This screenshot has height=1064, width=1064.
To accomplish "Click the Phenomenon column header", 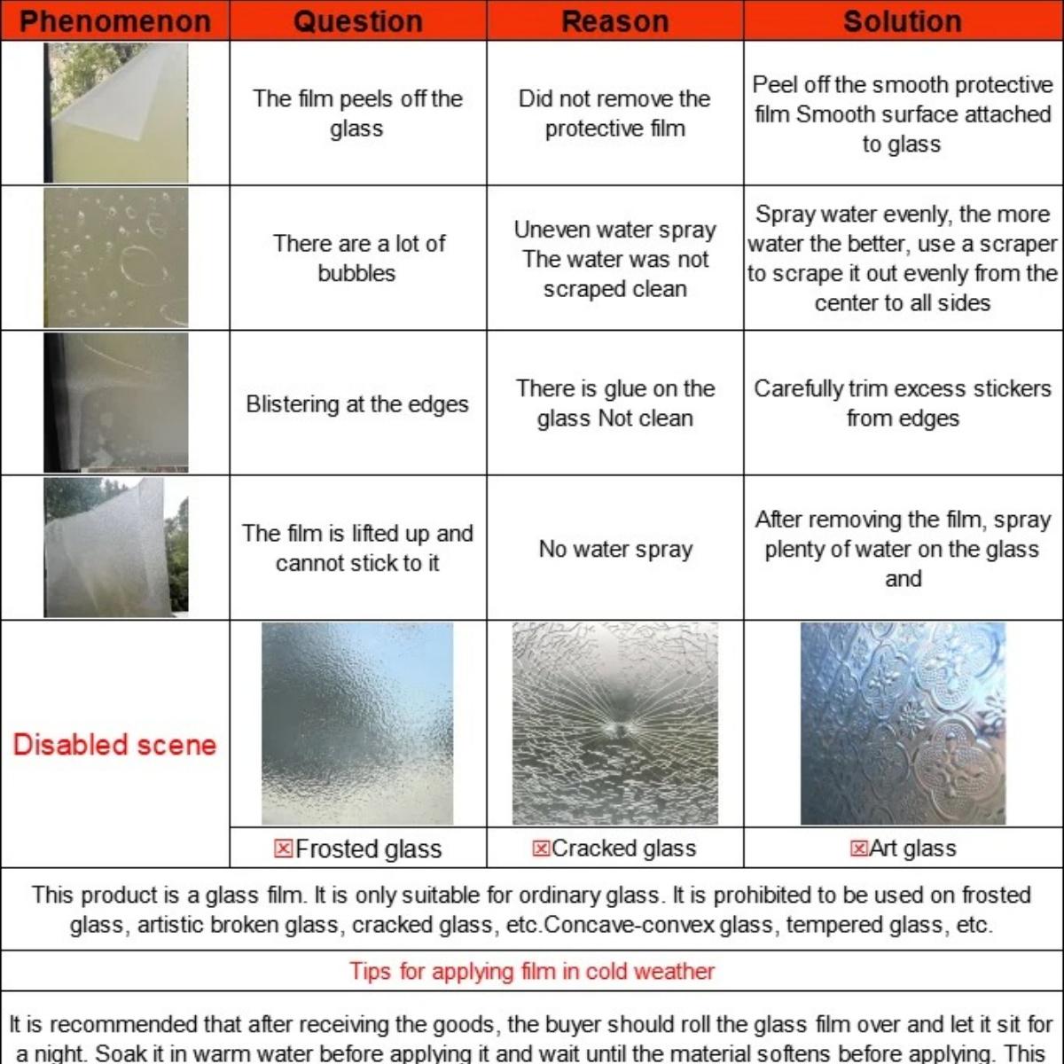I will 115,20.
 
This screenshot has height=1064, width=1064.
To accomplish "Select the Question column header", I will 357,20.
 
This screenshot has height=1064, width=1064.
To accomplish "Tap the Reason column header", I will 614,20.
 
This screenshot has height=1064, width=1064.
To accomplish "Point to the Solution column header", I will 903,20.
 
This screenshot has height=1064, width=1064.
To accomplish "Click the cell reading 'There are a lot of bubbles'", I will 357,258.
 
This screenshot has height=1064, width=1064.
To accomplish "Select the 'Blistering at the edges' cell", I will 357,404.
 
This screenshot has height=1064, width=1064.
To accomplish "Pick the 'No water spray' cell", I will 614,549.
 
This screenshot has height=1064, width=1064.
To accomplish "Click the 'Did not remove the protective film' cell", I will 614,113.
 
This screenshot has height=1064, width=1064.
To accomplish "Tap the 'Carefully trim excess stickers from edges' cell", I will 903,403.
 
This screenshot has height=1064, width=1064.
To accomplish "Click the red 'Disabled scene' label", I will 114,744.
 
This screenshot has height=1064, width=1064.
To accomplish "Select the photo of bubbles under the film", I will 116,257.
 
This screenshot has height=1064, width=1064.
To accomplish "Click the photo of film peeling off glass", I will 116,113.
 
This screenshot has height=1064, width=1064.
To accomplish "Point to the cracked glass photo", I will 614,724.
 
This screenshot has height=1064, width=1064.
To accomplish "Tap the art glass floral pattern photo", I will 903,724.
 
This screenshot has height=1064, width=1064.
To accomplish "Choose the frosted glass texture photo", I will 357,724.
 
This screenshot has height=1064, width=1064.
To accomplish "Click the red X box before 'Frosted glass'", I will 284,849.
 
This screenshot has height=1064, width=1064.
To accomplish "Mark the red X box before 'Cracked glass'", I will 541,849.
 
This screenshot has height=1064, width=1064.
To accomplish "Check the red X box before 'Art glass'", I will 858,849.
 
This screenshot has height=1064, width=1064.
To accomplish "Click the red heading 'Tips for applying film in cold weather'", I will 532,971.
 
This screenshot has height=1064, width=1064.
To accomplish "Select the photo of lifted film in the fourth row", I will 116,547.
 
